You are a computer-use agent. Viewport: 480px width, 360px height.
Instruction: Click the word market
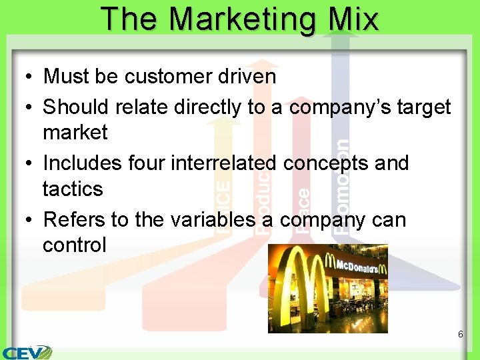tap(75, 132)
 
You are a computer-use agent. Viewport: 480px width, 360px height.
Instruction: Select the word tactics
tap(73, 189)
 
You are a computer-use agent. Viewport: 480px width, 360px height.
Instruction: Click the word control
tap(74, 245)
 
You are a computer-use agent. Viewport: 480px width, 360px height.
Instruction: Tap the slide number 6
tap(460, 333)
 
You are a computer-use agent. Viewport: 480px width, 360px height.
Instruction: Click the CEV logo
tap(27, 351)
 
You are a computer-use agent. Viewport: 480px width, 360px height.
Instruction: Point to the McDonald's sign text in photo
tap(361, 267)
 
